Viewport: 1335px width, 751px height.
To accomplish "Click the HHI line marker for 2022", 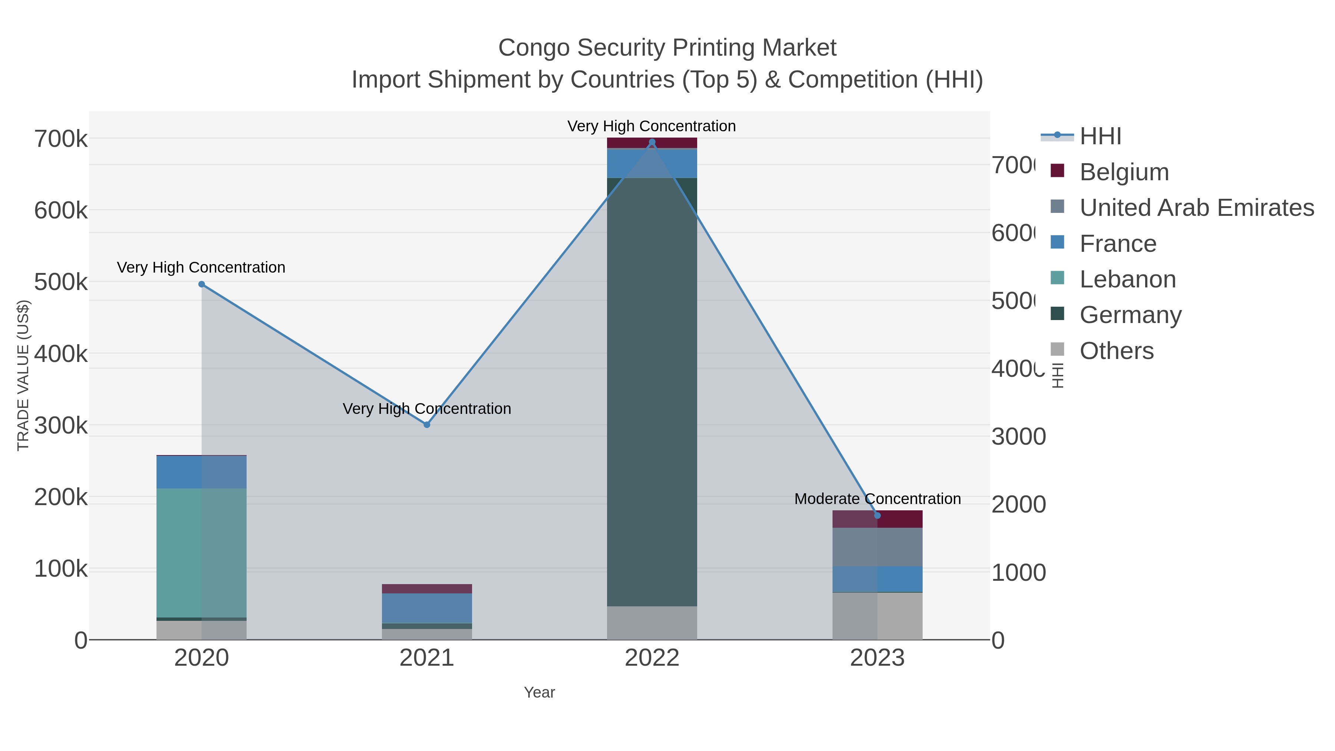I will coord(652,142).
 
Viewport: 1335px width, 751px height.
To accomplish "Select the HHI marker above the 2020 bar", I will coord(202,284).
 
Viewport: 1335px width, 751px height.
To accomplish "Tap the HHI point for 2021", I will coord(426,425).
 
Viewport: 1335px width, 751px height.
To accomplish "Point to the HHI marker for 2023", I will coord(877,515).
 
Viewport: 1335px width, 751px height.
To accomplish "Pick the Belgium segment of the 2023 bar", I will coord(877,519).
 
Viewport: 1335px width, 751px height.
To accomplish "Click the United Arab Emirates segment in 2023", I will coord(877,547).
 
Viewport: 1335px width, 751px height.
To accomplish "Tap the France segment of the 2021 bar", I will coord(426,608).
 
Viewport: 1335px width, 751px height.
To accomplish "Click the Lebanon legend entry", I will coord(1127,279).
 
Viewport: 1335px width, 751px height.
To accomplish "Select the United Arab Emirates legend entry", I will coord(1196,208).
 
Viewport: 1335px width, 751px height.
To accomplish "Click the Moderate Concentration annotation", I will coord(877,498).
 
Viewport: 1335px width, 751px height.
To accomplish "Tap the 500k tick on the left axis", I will coord(61,283).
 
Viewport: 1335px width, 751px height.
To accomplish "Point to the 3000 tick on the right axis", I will coord(1018,437).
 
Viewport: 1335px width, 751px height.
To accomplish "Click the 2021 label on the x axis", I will coord(426,658).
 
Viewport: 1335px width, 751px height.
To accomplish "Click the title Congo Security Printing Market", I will coord(667,48).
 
